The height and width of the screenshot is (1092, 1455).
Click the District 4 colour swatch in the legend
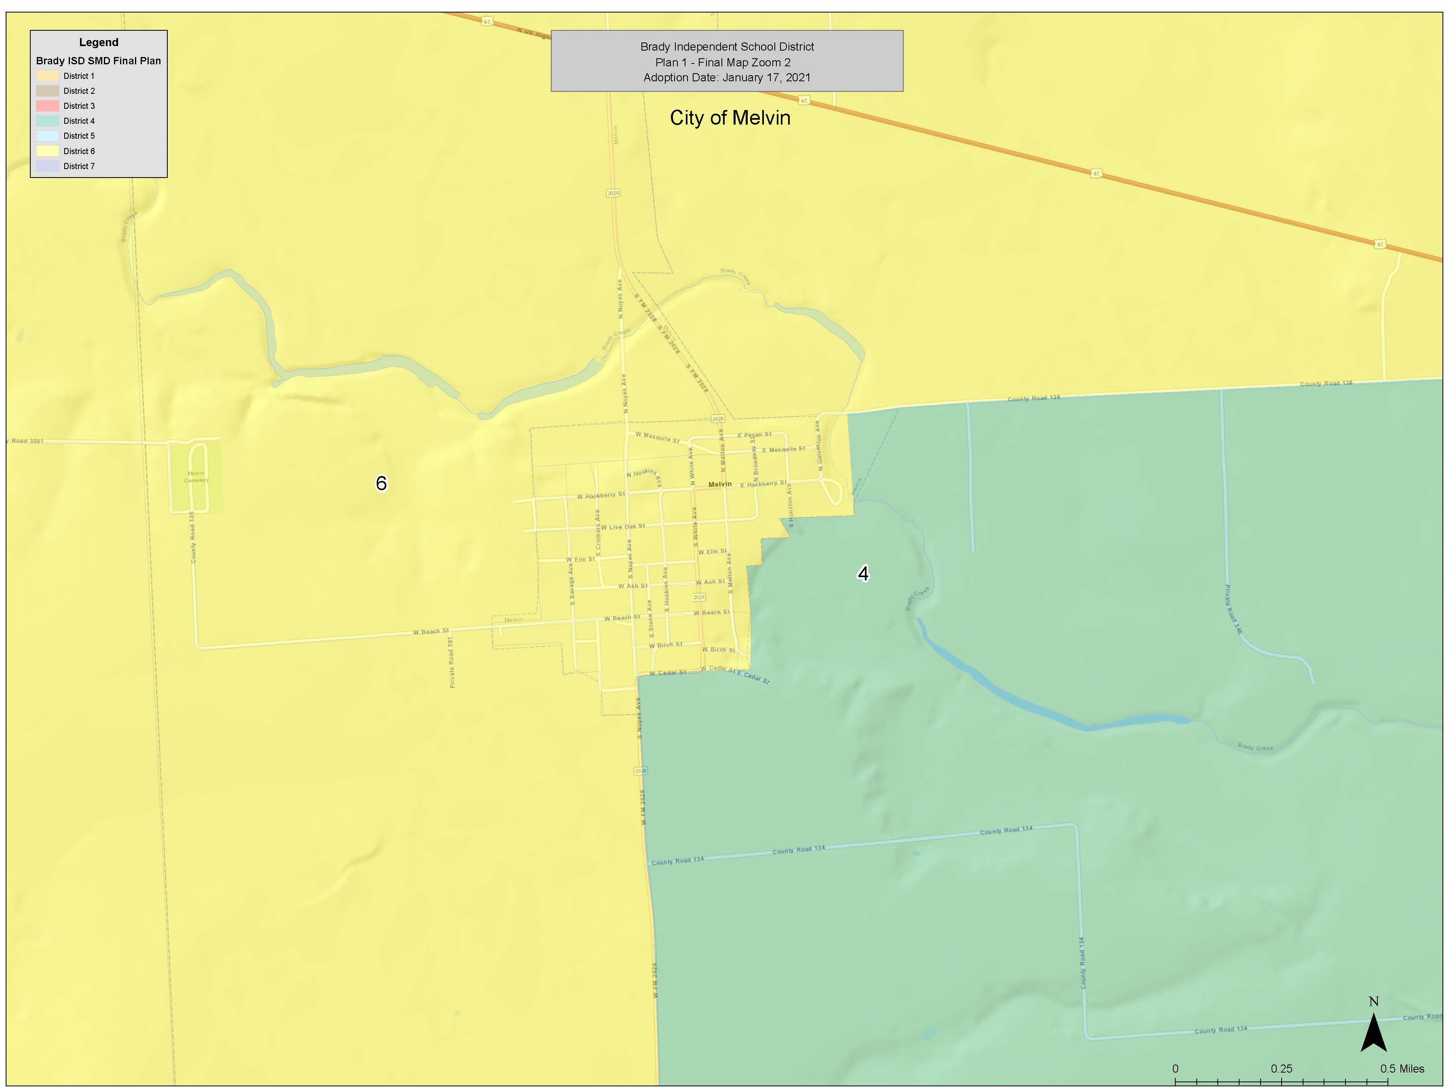[47, 121]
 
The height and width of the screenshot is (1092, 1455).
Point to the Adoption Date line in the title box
[726, 78]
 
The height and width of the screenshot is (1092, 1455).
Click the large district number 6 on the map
[381, 484]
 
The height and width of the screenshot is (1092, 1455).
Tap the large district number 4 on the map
[863, 574]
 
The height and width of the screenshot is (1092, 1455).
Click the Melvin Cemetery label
[196, 476]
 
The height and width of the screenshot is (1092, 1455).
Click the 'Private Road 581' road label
[451, 662]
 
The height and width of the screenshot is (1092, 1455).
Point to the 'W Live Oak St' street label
[622, 527]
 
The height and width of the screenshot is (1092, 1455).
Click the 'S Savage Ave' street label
[571, 584]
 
